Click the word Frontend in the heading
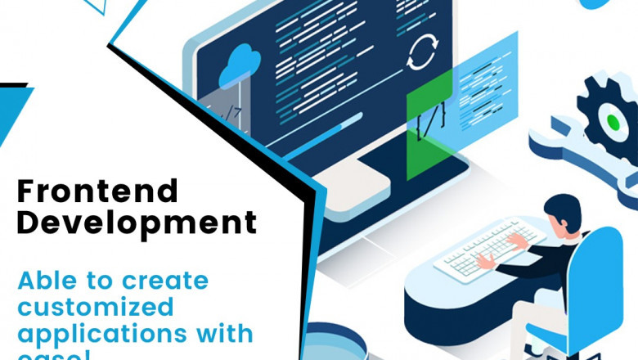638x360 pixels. (x=97, y=191)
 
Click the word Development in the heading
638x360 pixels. (x=137, y=222)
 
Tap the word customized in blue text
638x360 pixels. (x=97, y=308)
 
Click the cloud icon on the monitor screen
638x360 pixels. (x=240, y=60)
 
